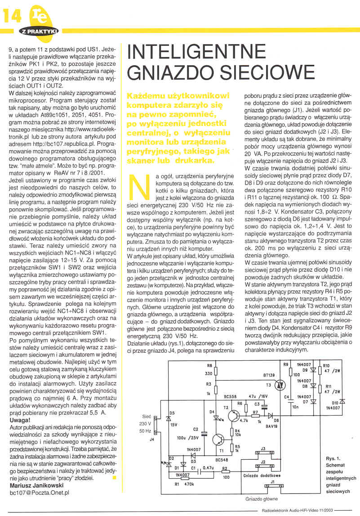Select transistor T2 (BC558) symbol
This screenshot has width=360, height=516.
click(233, 416)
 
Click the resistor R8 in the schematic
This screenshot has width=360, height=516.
click(216, 372)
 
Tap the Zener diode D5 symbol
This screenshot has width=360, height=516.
click(168, 418)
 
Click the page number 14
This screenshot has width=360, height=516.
click(12, 17)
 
